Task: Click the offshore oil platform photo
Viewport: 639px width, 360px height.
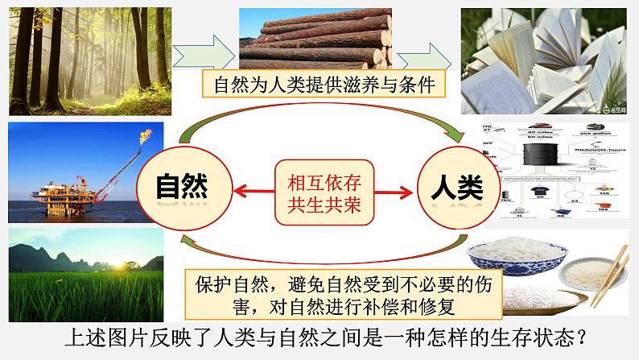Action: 85,171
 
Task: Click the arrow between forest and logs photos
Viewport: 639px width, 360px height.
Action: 208,50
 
